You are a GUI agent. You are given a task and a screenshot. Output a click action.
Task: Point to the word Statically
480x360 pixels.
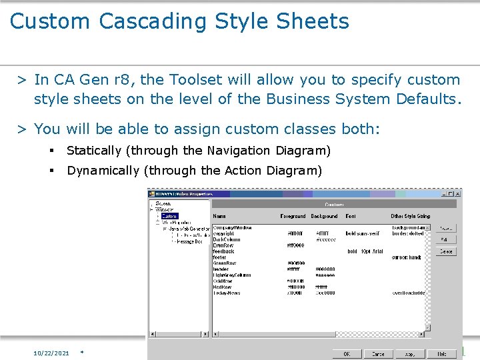94,151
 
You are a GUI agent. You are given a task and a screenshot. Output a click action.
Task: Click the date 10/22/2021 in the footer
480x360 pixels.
51,353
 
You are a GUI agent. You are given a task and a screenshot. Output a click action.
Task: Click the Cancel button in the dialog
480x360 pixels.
378,354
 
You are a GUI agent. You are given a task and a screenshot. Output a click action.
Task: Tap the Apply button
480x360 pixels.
411,354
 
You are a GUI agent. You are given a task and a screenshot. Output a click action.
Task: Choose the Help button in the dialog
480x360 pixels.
442,354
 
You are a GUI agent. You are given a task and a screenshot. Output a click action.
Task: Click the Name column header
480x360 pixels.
219,216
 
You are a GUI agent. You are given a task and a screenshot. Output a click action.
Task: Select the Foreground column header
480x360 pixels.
293,216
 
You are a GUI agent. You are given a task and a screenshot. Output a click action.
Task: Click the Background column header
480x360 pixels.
325,216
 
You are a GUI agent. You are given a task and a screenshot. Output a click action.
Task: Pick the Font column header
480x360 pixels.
351,216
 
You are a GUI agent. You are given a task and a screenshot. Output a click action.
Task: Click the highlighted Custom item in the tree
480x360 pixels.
169,216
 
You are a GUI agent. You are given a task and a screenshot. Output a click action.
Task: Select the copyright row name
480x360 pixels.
224,234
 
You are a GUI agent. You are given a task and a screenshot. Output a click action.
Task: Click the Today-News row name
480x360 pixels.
227,293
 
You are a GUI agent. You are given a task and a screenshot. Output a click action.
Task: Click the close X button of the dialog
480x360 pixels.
458,193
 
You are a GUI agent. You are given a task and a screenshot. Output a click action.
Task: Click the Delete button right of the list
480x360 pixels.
446,251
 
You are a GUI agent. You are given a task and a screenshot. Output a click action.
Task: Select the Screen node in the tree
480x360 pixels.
163,203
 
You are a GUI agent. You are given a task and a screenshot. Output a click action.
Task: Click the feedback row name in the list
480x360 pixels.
224,251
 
